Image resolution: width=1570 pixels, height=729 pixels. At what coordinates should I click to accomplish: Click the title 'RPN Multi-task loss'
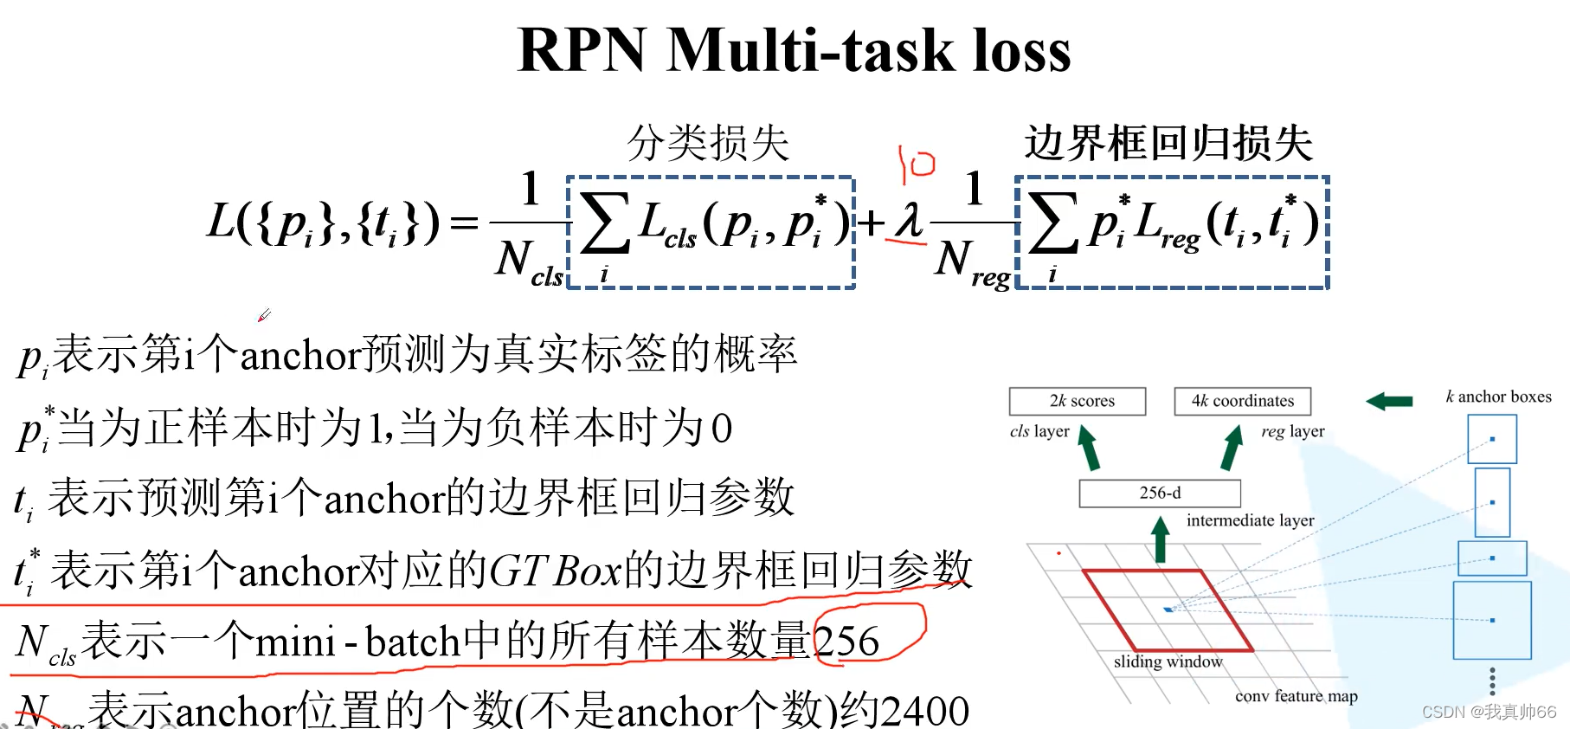(x=793, y=50)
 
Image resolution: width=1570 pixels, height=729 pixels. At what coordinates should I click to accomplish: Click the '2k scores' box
(x=1078, y=401)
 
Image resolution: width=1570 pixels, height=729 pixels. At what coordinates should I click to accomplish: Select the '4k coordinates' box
(x=1242, y=401)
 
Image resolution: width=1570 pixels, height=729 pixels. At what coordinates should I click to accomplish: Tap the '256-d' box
(x=1160, y=493)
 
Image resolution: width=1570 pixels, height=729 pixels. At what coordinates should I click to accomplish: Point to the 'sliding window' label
(x=1168, y=661)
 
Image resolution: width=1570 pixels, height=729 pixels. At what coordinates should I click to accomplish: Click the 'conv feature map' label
(x=1296, y=696)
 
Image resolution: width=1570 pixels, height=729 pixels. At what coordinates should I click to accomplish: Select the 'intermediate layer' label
(x=1250, y=520)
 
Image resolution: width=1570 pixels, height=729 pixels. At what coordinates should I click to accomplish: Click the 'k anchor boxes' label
(x=1498, y=397)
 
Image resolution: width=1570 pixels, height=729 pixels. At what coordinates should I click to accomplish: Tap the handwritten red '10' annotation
(x=916, y=164)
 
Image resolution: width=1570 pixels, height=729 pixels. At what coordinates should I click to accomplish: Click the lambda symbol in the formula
(x=908, y=221)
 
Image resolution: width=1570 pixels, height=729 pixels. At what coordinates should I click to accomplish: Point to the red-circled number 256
(x=846, y=642)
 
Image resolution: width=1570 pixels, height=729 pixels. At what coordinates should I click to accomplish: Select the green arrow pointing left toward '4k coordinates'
(x=1389, y=401)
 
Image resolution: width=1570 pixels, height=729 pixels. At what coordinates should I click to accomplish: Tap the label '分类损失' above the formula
(x=708, y=143)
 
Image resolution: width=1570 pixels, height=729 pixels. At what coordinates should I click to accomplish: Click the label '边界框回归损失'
(x=1168, y=143)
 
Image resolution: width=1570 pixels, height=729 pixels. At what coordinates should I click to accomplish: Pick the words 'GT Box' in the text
(x=555, y=571)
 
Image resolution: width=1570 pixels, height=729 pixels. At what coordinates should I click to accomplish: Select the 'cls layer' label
(x=1039, y=431)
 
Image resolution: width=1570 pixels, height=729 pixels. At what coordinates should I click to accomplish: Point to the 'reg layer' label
(x=1292, y=431)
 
